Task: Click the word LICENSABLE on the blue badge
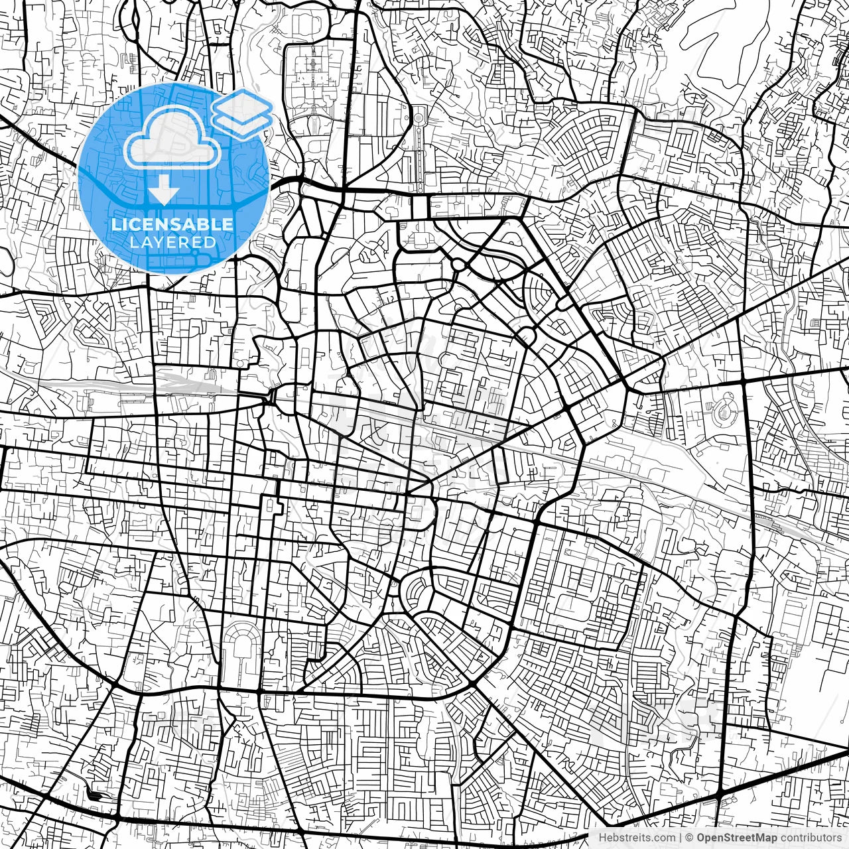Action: click(172, 224)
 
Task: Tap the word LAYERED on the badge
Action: click(172, 243)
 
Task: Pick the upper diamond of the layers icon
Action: click(242, 105)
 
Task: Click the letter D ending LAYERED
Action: click(210, 243)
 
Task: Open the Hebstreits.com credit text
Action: click(637, 838)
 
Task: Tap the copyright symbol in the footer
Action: click(689, 838)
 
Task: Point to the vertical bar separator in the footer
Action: click(681, 838)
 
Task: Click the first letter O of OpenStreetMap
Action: click(700, 838)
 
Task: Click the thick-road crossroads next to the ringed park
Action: click(742, 382)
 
